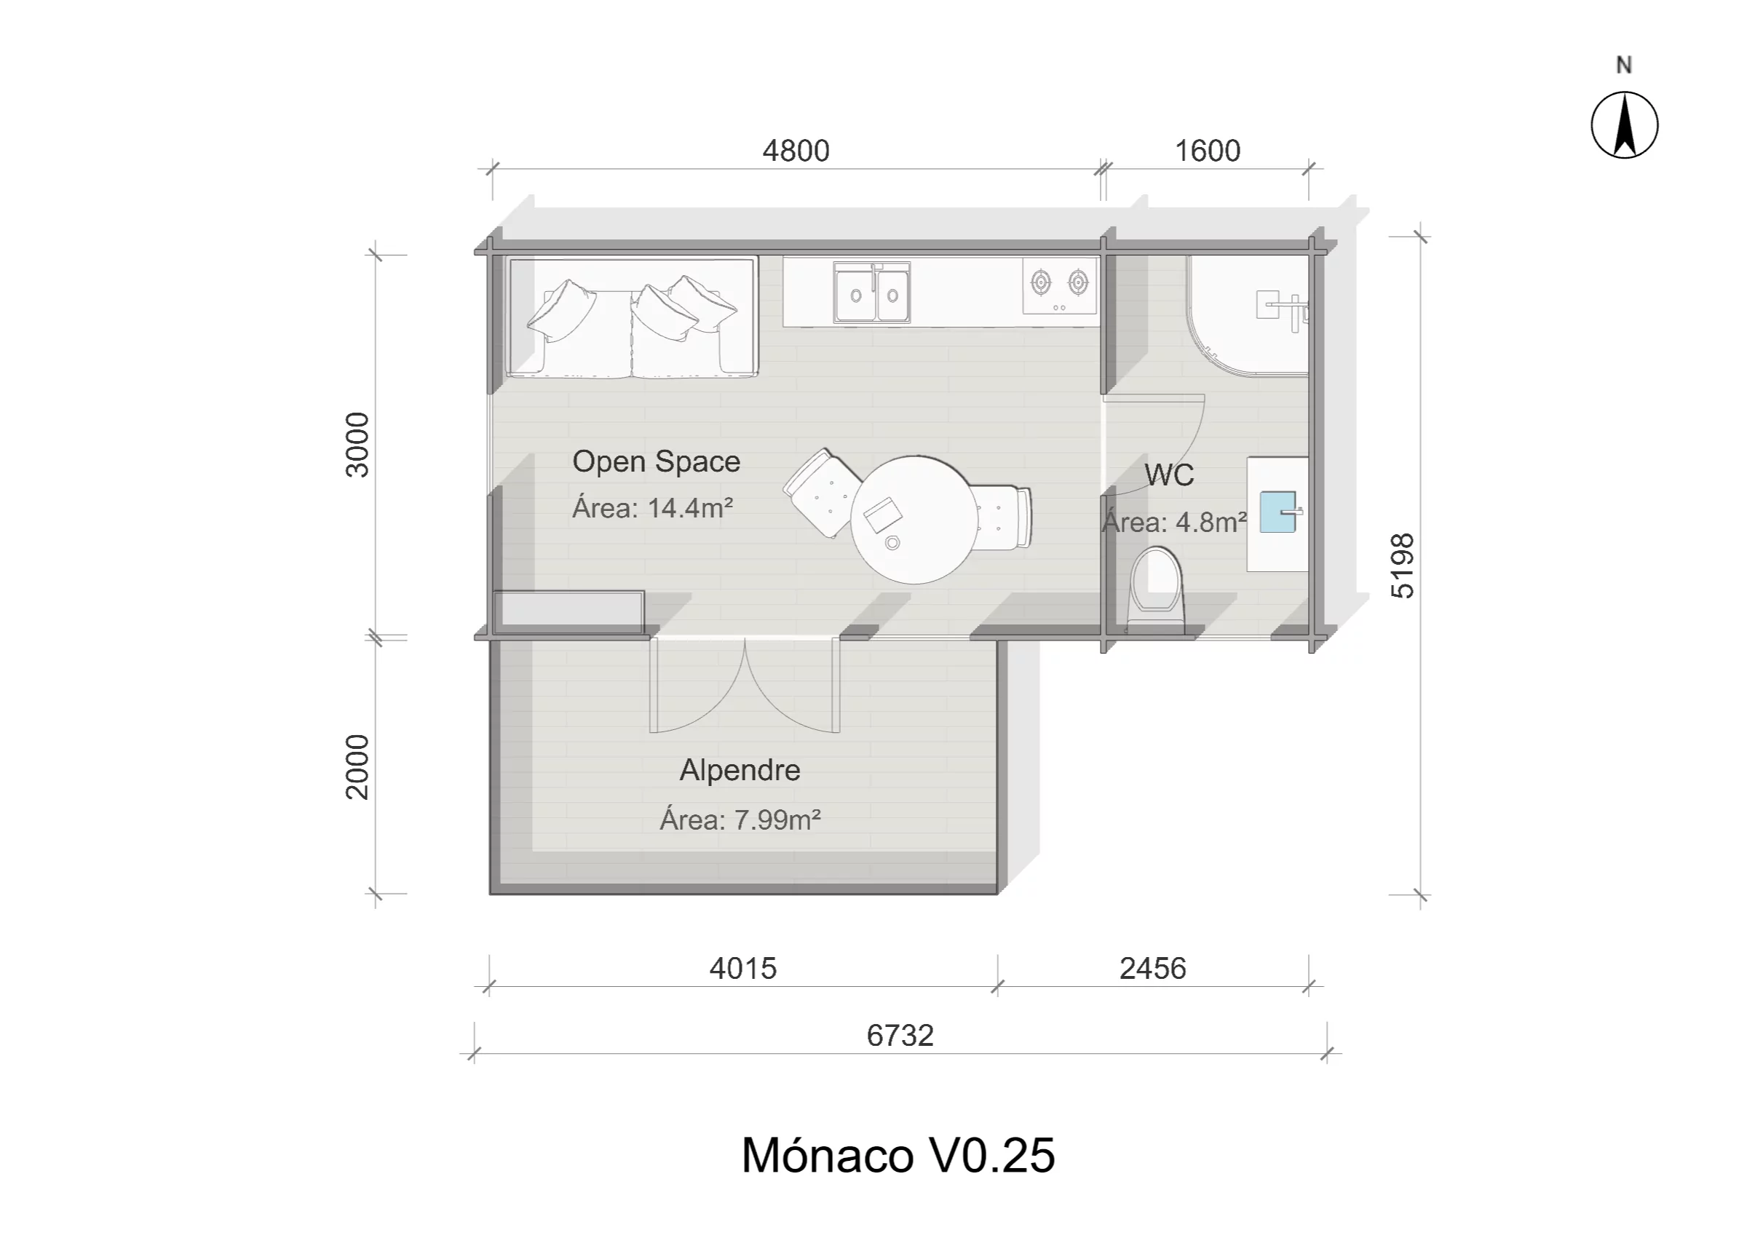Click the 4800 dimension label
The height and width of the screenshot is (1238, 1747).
tap(795, 151)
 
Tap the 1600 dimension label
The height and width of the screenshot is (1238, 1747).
tap(1207, 151)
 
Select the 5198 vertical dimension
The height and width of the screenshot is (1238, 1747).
tap(1402, 565)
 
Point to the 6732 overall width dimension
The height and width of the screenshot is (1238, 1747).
tap(900, 1035)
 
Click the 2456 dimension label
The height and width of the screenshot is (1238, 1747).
tap(1152, 968)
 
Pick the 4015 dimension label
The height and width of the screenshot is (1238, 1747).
tap(742, 968)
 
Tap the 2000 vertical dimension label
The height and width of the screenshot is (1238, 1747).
tap(357, 766)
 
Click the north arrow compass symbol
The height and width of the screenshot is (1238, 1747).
tap(1624, 125)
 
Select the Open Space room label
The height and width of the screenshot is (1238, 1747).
tap(656, 461)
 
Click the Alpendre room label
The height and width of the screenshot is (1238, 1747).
tap(740, 770)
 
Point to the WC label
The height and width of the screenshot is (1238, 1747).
tap(1168, 475)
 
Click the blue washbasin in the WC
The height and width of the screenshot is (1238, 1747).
tap(1277, 512)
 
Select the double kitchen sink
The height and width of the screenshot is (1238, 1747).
tap(871, 292)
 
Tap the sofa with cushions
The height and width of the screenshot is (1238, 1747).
tap(632, 317)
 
